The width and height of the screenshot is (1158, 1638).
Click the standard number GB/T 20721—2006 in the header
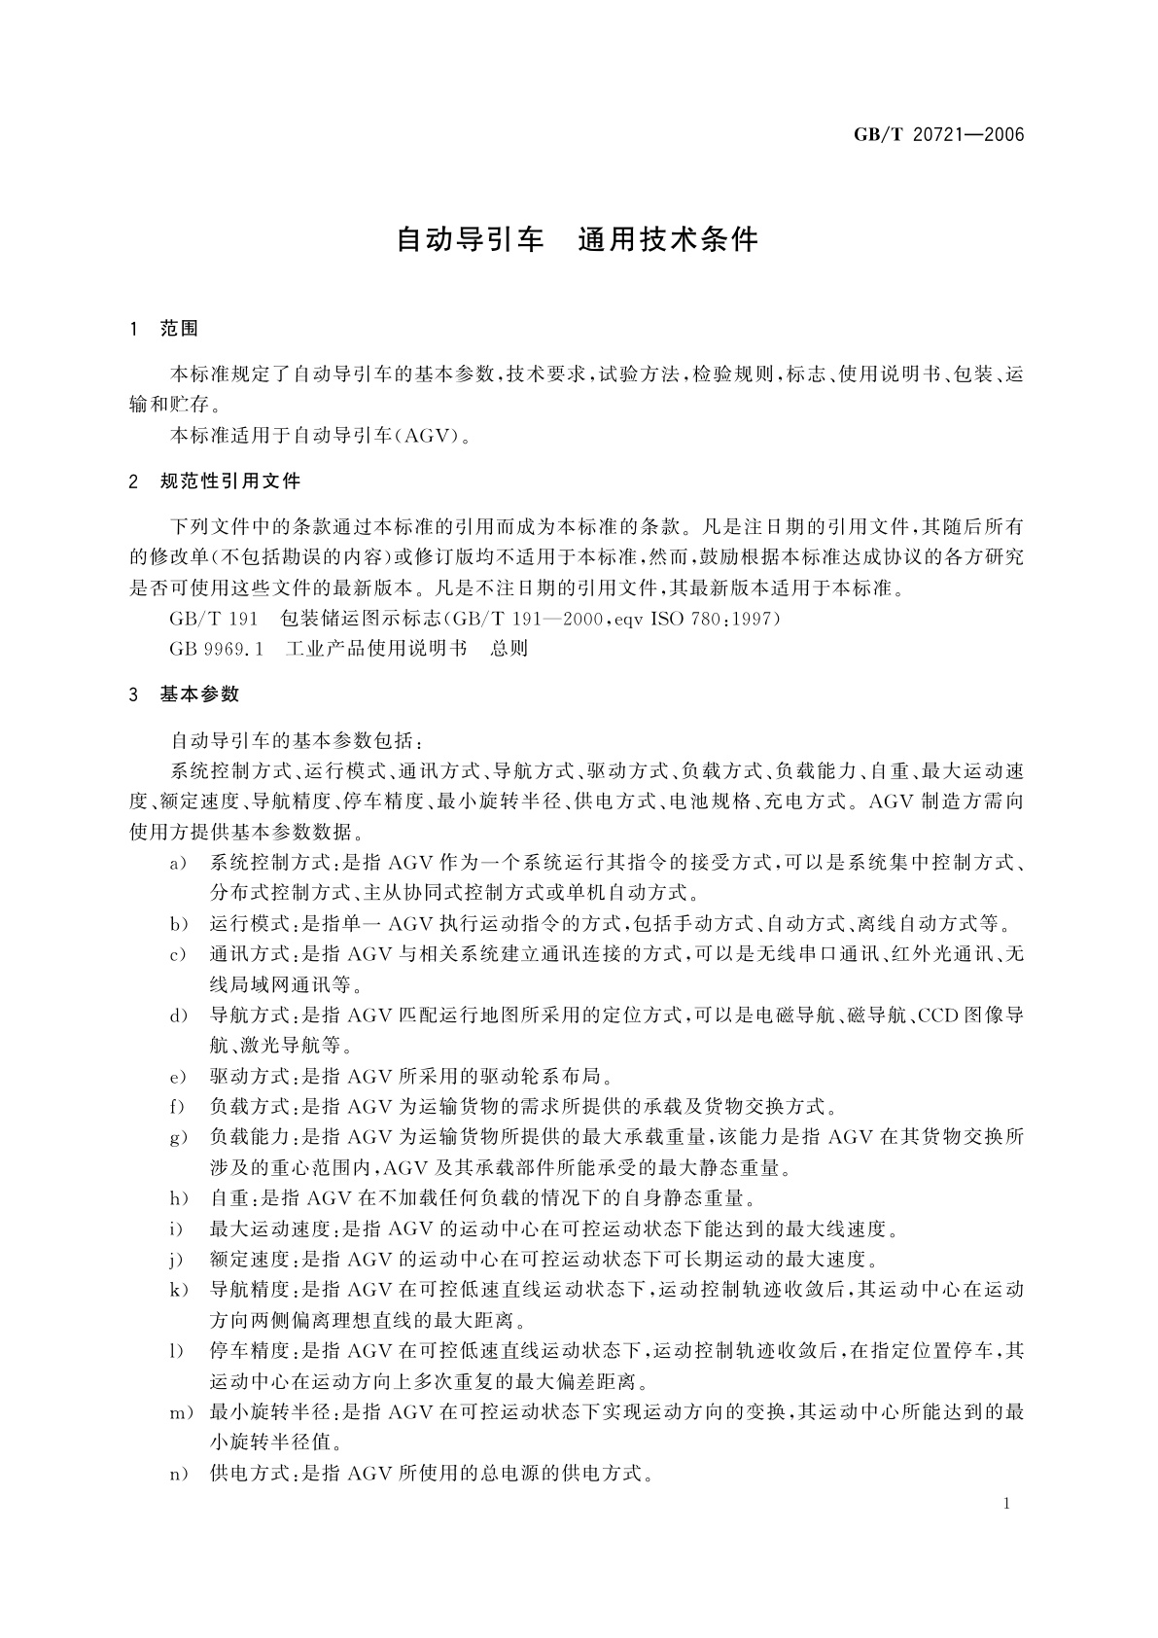939,135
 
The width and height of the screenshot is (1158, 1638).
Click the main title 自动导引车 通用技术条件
577,240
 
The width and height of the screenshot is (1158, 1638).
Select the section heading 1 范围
164,330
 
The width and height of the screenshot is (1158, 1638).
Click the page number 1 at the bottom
1005,1504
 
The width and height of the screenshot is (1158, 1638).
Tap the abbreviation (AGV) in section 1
423,436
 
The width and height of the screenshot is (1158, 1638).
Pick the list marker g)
177,1137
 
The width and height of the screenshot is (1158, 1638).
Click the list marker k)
177,1290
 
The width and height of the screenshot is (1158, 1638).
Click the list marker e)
177,1077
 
